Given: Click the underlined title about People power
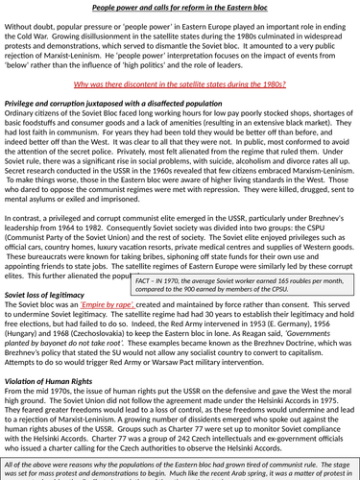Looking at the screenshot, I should click(180, 8).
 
